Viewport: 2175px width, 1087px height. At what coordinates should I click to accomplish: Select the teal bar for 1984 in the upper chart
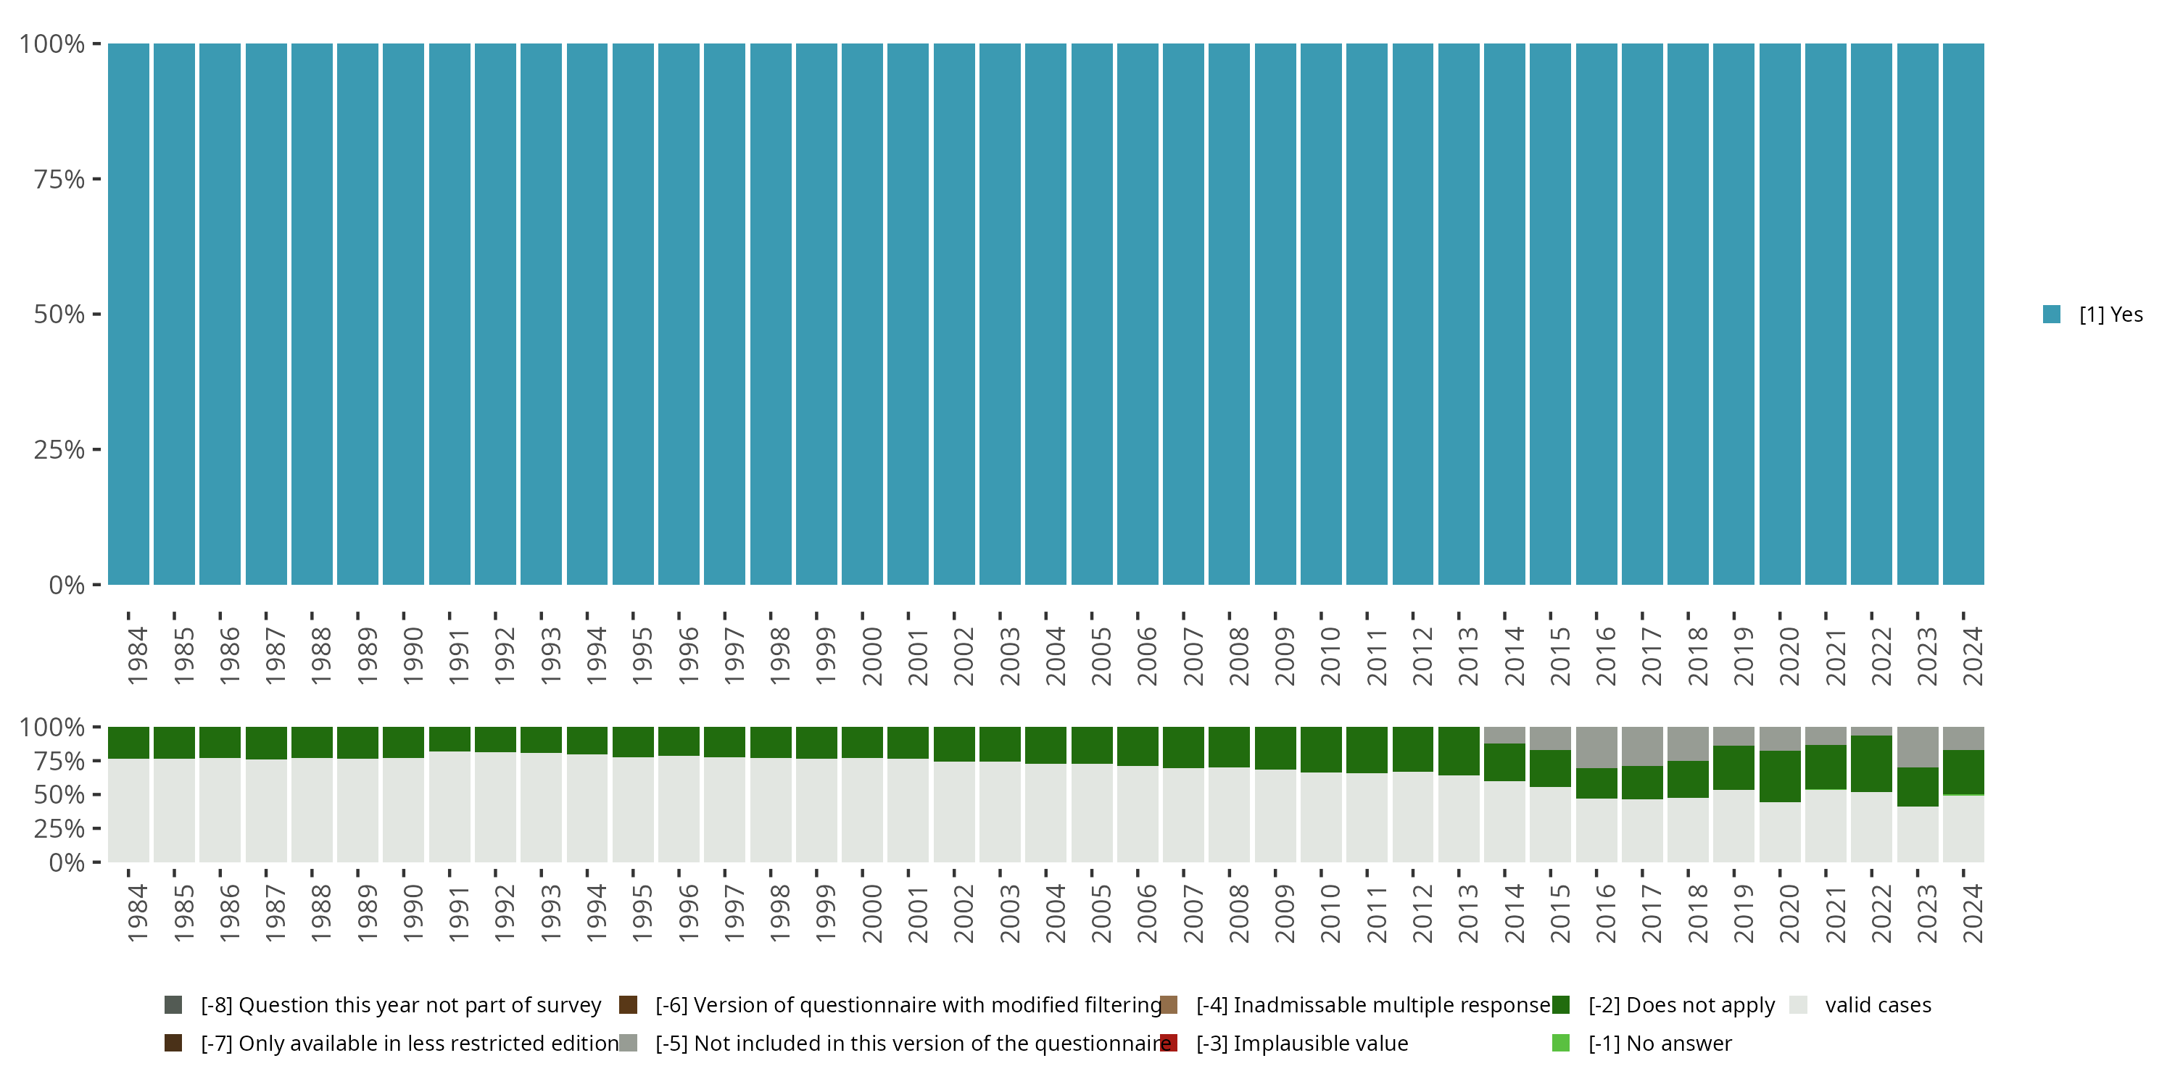pos(128,314)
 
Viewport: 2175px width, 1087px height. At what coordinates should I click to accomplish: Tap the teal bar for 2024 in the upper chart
pos(1963,314)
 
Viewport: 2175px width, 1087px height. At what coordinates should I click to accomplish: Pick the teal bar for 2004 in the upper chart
pos(1045,314)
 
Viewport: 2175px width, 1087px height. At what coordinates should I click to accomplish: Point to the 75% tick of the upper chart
pos(59,179)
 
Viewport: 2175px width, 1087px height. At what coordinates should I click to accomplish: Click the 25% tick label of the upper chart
pos(59,450)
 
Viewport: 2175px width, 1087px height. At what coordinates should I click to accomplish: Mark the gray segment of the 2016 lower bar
pos(1596,747)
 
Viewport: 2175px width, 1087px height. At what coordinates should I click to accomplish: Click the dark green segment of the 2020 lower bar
pos(1780,776)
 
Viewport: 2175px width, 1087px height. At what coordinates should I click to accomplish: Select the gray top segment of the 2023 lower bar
pos(1918,746)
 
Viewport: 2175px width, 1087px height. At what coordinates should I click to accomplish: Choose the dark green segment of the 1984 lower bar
pos(128,743)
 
